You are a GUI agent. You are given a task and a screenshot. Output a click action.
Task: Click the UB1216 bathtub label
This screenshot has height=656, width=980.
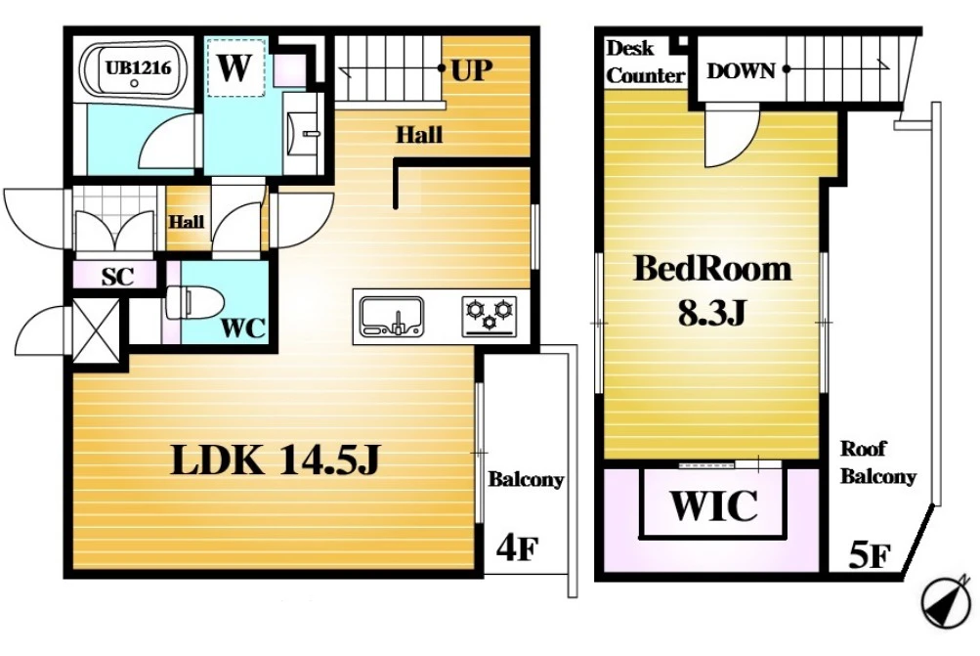138,66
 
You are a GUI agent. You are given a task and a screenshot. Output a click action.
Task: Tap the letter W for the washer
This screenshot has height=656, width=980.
234,67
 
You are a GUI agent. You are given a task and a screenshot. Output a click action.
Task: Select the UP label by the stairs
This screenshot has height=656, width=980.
471,69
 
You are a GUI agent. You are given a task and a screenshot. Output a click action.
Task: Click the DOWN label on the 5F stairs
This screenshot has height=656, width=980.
741,70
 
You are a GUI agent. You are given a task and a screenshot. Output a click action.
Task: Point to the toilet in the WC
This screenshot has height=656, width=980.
195,303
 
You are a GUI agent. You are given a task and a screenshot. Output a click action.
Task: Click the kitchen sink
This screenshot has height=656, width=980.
392,317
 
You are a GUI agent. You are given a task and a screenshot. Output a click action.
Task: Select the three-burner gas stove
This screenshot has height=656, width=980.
490,316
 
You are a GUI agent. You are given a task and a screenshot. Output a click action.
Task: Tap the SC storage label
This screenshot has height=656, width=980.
117,276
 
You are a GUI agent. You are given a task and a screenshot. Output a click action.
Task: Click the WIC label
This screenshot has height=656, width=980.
714,505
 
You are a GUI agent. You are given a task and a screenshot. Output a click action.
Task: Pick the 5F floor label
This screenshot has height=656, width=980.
870,554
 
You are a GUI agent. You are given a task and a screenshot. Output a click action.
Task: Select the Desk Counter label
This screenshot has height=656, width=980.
644,62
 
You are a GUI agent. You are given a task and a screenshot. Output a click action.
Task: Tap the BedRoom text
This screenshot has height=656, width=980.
712,269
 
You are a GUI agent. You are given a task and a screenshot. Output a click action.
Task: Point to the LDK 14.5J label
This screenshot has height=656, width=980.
275,460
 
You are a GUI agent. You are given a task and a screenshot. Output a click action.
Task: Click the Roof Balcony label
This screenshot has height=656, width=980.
877,462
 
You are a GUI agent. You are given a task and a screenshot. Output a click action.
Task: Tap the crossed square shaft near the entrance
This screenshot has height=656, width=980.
96,329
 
